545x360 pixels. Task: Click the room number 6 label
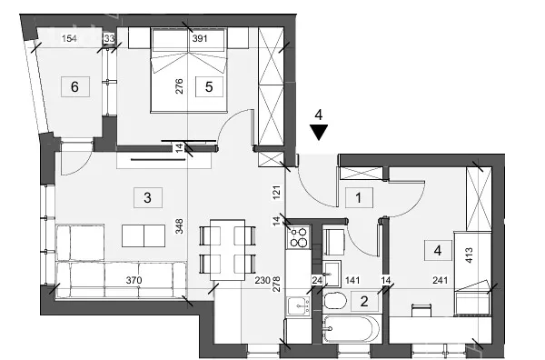click(75, 86)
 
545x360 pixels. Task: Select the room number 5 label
click(209, 86)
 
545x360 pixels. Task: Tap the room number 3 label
click(147, 197)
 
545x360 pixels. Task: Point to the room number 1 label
click(359, 198)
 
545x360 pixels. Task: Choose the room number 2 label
click(364, 301)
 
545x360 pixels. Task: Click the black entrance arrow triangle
click(319, 133)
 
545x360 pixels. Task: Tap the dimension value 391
click(200, 38)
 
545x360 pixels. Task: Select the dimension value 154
click(69, 38)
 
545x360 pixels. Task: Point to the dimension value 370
click(134, 280)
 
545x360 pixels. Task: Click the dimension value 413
click(469, 255)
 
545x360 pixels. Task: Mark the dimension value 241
click(440, 280)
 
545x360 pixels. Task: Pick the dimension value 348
click(179, 226)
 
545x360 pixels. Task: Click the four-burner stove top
click(299, 237)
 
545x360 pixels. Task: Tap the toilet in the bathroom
click(334, 301)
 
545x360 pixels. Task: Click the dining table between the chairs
click(228, 249)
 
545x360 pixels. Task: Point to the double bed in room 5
click(189, 70)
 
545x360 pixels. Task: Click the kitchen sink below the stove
click(298, 306)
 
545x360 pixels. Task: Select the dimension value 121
click(277, 193)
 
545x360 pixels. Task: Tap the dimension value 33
click(109, 38)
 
